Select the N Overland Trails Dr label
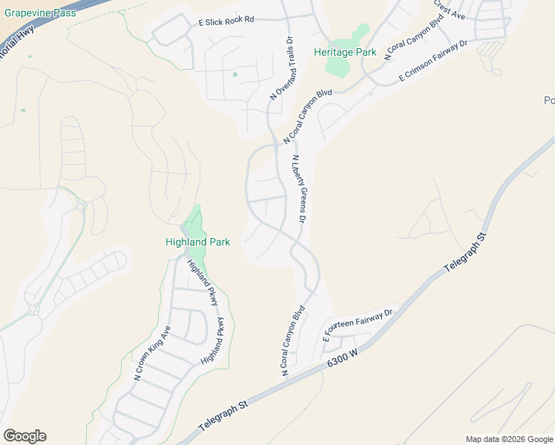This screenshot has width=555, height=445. click(x=283, y=68)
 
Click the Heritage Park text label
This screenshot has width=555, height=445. click(x=345, y=52)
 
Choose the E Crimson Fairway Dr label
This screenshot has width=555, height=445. click(x=433, y=61)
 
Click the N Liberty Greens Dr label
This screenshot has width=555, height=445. click(x=299, y=189)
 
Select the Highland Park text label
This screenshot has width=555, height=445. click(x=197, y=242)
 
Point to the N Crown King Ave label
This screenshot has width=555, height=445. click(x=152, y=353)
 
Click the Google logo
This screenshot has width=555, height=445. click(x=24, y=436)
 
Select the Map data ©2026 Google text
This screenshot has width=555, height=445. click(x=509, y=439)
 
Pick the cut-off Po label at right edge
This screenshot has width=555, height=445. click(x=549, y=101)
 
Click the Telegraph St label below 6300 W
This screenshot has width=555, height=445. click(x=223, y=419)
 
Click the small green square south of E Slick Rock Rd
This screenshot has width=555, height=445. click(x=235, y=74)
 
